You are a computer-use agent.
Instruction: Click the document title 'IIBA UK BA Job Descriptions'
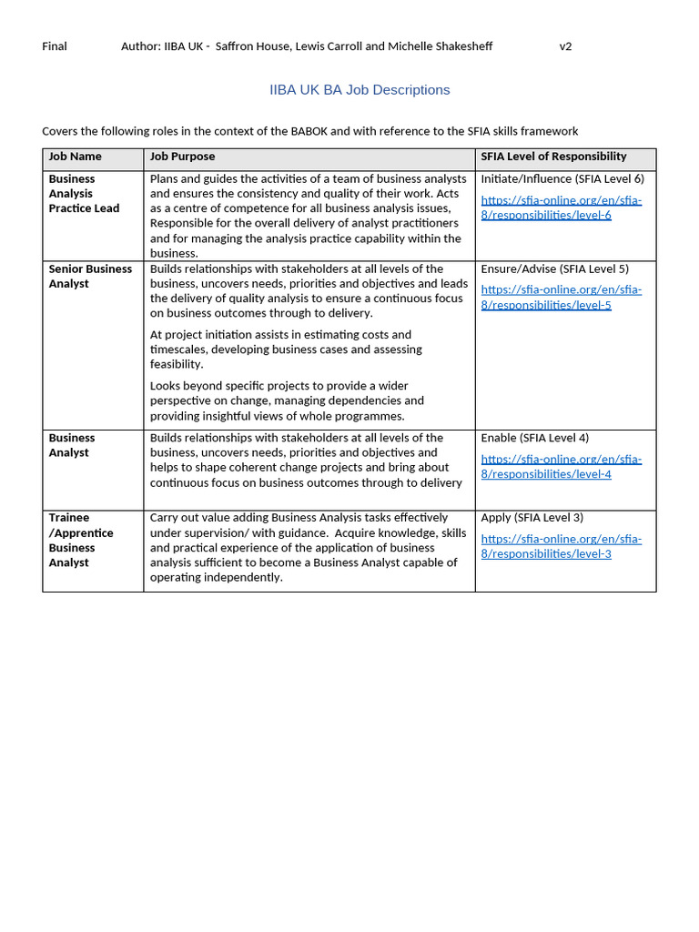pyautogui.click(x=360, y=90)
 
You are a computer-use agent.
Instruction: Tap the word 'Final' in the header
pyautogui.click(x=55, y=46)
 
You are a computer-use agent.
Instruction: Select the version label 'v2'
pyautogui.click(x=565, y=46)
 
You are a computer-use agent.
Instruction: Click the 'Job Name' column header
pyautogui.click(x=75, y=157)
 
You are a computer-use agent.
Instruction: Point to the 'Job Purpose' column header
pyautogui.click(x=182, y=157)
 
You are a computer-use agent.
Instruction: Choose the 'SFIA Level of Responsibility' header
pyautogui.click(x=553, y=157)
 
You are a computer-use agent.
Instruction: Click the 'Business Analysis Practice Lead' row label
pyautogui.click(x=84, y=193)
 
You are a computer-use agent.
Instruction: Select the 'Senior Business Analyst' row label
pyautogui.click(x=90, y=276)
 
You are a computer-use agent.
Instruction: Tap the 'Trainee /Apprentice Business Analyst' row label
pyautogui.click(x=81, y=540)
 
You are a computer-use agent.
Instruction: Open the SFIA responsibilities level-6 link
pyautogui.click(x=561, y=208)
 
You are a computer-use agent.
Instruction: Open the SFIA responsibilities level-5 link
pyautogui.click(x=561, y=298)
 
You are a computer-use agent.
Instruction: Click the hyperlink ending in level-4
pyautogui.click(x=561, y=466)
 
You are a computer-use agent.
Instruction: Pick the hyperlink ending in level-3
pyautogui.click(x=561, y=546)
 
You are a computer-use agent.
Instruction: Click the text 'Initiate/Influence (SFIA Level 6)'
pyautogui.click(x=562, y=178)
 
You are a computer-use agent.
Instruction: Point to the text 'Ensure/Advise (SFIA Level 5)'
pyautogui.click(x=554, y=268)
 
